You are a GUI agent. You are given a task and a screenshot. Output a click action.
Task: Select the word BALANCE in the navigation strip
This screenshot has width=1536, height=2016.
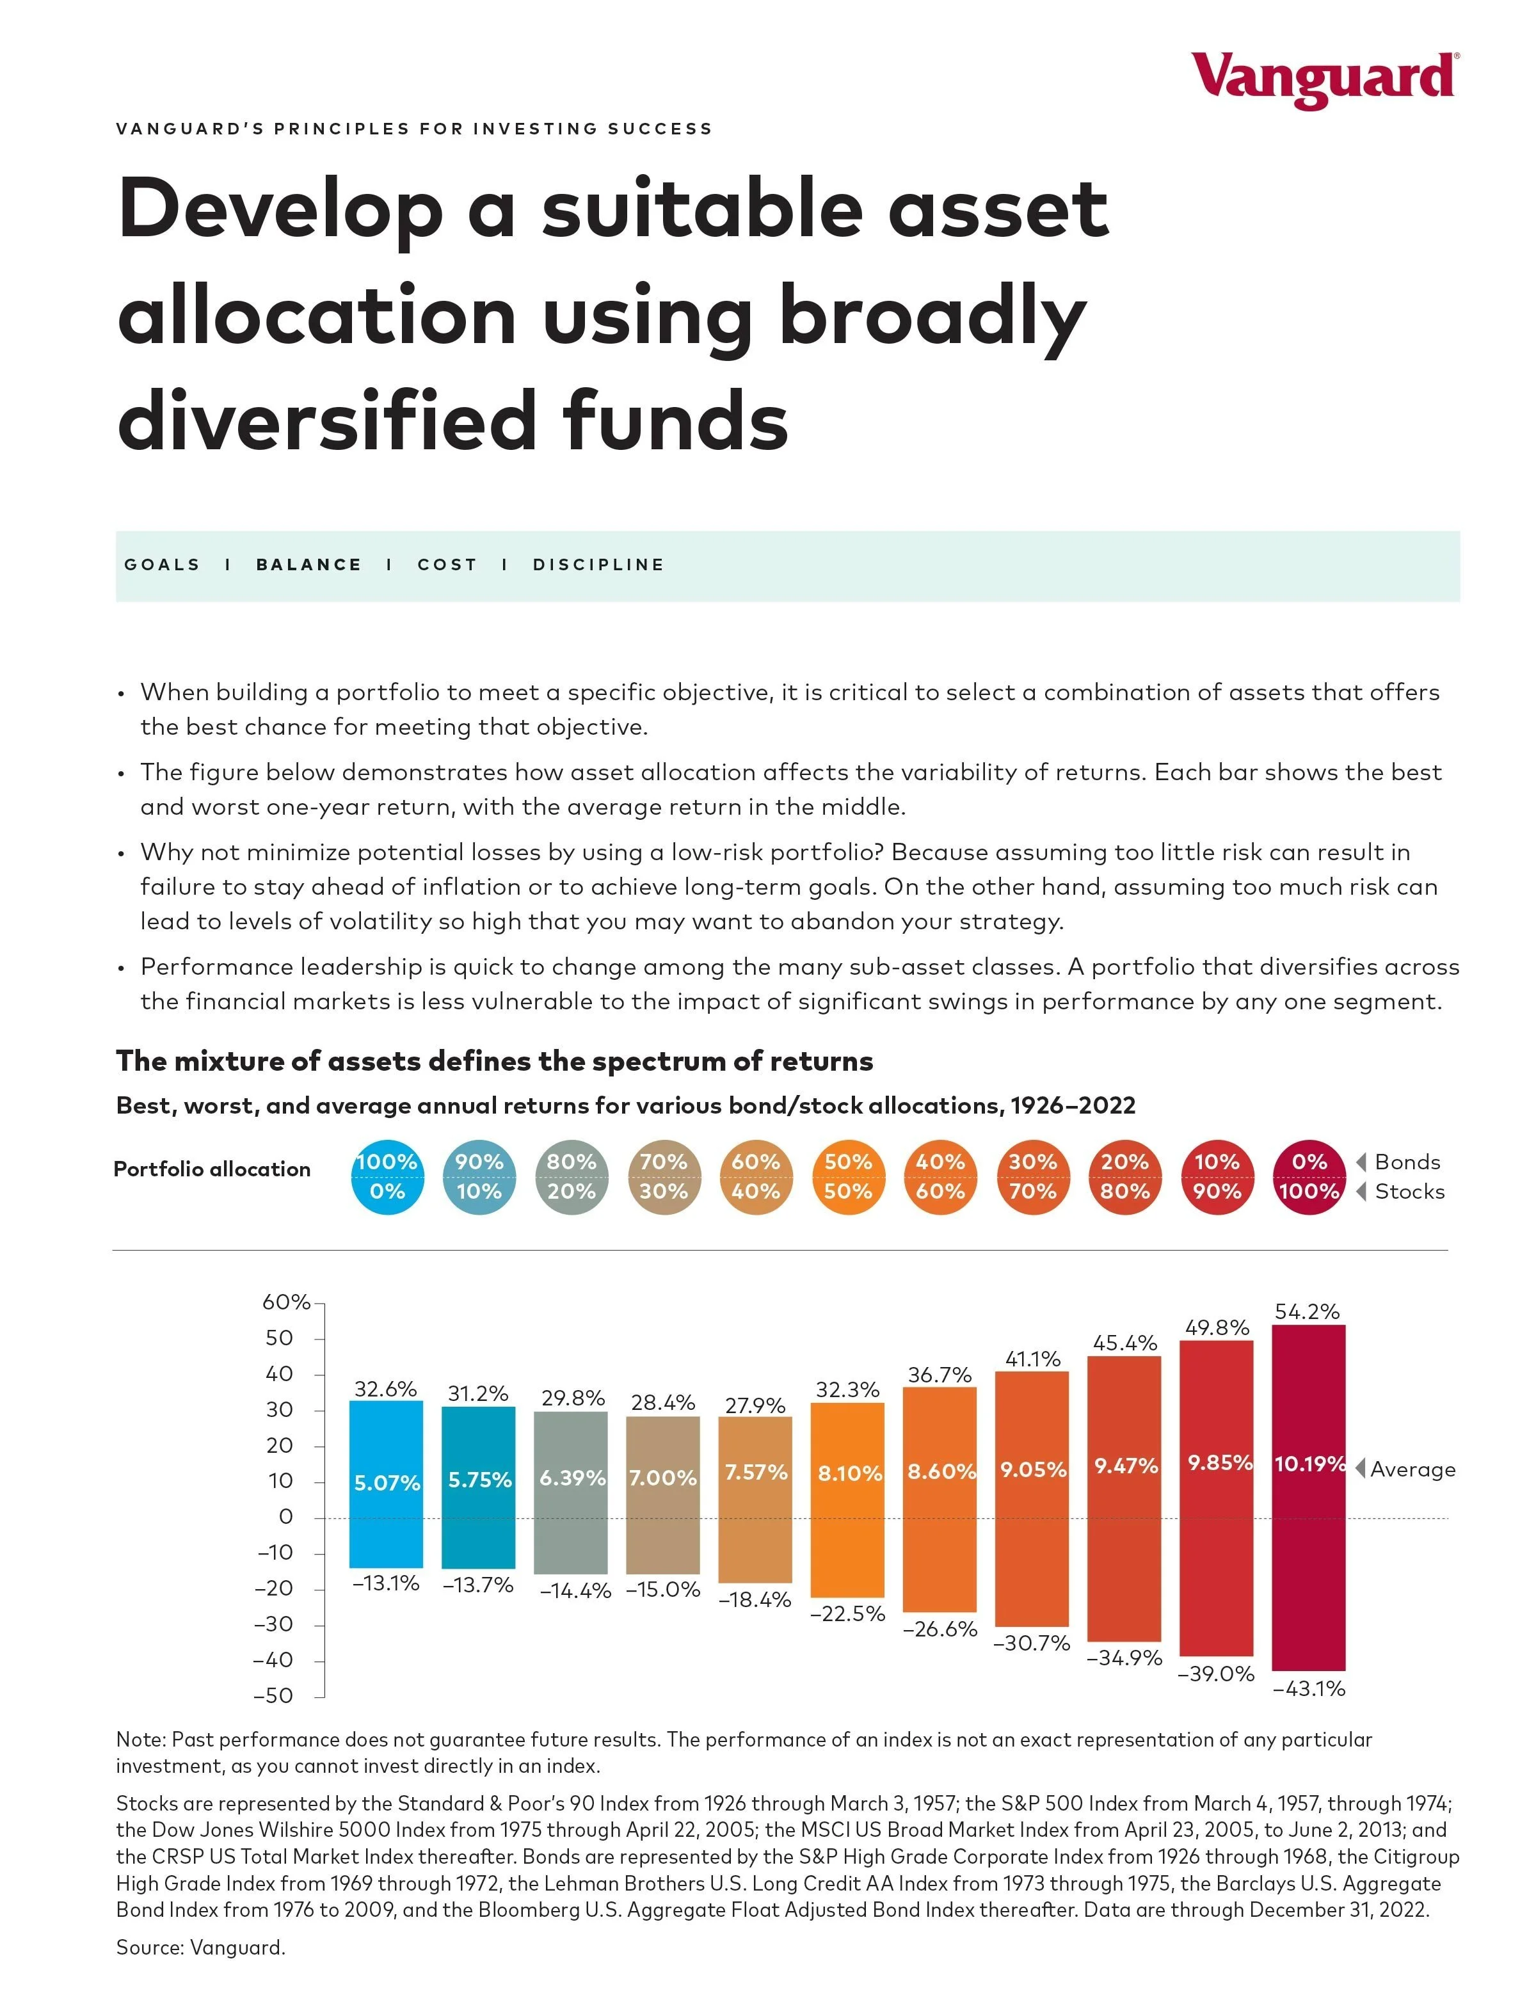pyautogui.click(x=309, y=565)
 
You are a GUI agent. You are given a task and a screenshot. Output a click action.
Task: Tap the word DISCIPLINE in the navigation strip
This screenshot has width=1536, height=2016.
pyautogui.click(x=599, y=565)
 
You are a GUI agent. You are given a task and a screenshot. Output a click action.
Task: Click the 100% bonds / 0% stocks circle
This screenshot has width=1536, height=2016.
pyautogui.click(x=387, y=1177)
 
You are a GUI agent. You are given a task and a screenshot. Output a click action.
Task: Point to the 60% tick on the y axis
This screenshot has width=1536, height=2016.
pyautogui.click(x=286, y=1302)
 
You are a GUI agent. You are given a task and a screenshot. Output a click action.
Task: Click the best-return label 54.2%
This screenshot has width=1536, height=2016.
pyautogui.click(x=1308, y=1311)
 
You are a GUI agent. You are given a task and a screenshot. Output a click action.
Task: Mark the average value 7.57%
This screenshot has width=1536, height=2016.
pyautogui.click(x=755, y=1472)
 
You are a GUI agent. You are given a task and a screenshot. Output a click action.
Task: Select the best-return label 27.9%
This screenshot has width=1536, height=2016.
pyautogui.click(x=755, y=1405)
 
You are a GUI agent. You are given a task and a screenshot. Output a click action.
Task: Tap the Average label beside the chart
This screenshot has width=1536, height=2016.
pyautogui.click(x=1412, y=1469)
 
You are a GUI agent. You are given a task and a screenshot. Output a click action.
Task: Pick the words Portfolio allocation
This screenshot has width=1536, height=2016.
pyautogui.click(x=212, y=1169)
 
